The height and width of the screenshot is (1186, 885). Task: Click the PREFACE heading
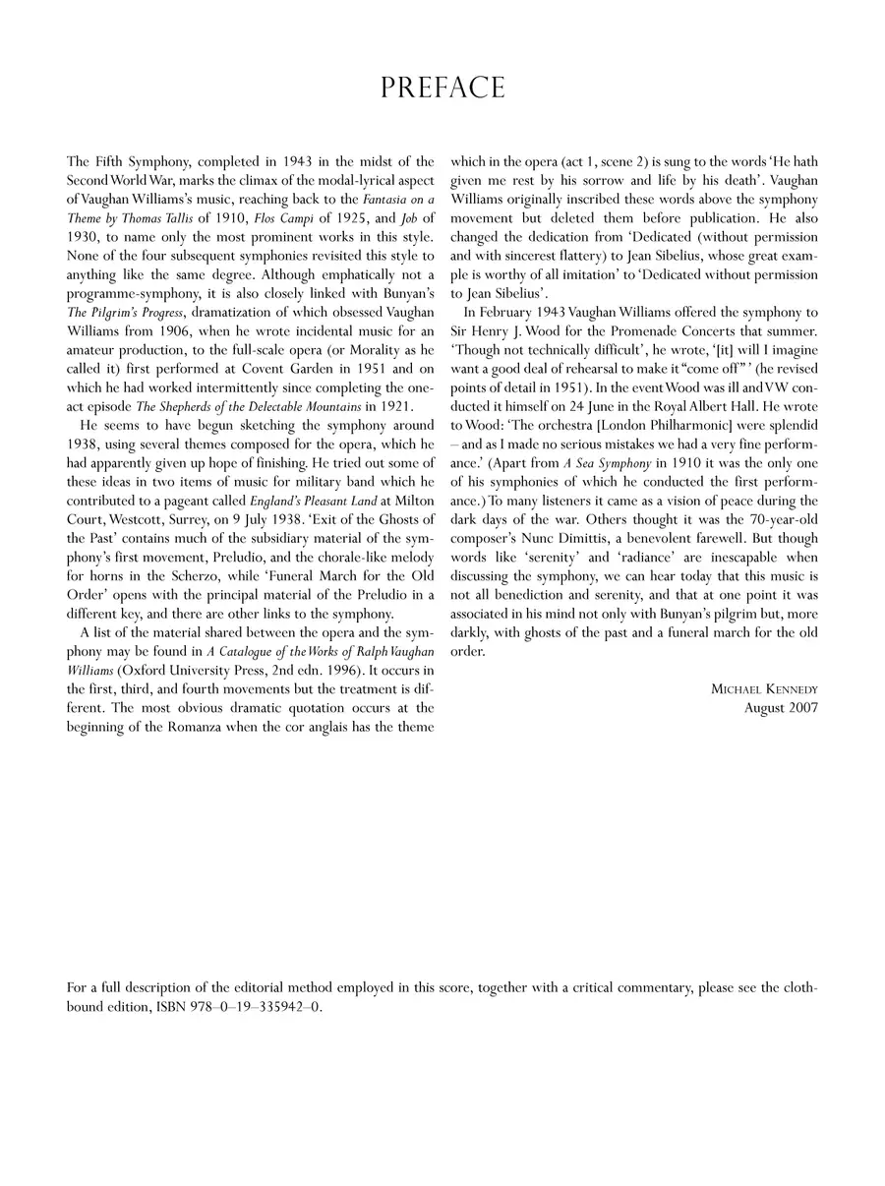(x=442, y=89)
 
